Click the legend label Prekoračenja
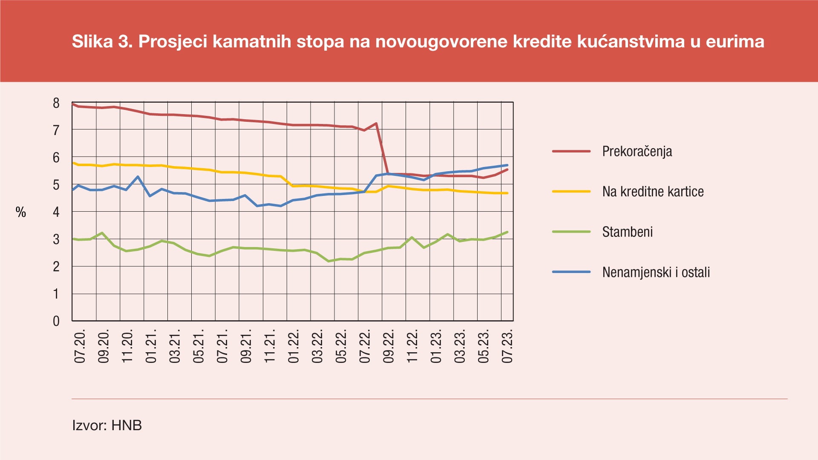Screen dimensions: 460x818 pos(637,152)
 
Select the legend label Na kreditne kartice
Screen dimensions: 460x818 pos(653,192)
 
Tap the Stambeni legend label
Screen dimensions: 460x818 pos(627,232)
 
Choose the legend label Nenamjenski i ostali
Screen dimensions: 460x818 pos(656,273)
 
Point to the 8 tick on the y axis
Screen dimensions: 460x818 pos(56,103)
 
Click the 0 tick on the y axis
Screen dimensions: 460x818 pos(56,321)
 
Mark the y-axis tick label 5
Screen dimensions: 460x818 pos(56,185)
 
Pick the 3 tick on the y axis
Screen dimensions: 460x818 pos(56,239)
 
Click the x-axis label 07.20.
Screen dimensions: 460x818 pos(80,345)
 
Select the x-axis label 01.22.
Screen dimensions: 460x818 pos(294,345)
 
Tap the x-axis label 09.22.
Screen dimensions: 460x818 pos(389,345)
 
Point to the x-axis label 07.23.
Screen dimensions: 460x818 pos(507,345)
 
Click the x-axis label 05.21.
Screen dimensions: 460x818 pos(199,345)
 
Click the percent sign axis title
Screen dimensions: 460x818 pos(21,212)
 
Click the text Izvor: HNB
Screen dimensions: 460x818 pos(107,425)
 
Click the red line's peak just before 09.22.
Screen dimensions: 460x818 pos(376,124)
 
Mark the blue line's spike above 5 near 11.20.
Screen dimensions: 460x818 pos(138,176)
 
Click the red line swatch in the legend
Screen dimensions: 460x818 pos(571,151)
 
